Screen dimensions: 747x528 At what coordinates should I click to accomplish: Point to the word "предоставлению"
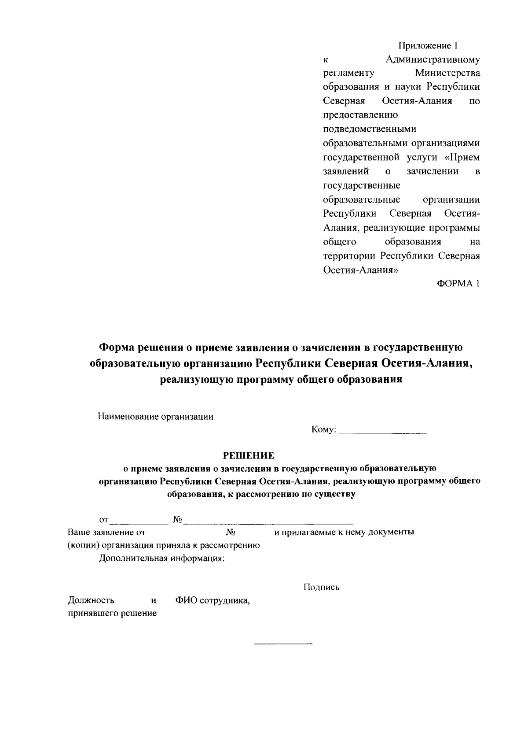click(x=360, y=115)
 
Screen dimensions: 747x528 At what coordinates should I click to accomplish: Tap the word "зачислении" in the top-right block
click(x=433, y=171)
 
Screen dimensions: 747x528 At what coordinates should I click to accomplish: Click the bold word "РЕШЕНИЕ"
click(x=248, y=455)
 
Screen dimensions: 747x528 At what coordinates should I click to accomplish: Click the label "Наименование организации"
click(x=155, y=417)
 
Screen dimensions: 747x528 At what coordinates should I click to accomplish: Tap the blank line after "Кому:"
click(x=383, y=434)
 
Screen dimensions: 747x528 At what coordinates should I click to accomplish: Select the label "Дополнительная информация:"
click(x=161, y=558)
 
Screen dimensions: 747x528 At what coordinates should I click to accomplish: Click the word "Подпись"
click(x=321, y=588)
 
